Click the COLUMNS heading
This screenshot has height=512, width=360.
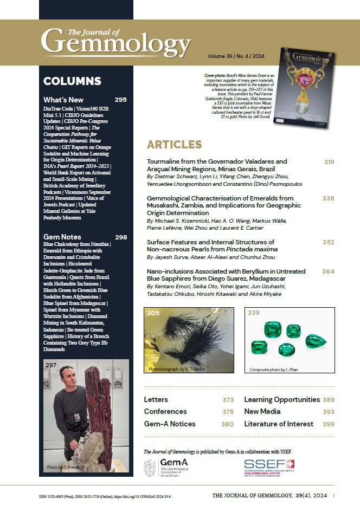(72, 81)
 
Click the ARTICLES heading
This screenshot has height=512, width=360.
(174, 144)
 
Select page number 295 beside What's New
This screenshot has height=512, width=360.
(120, 100)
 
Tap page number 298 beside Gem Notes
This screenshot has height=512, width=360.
(120, 237)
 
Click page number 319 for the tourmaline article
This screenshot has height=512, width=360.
(329, 162)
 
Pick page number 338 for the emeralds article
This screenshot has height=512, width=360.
(329, 199)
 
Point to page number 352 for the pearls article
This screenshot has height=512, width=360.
(329, 242)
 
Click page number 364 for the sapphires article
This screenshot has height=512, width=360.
(329, 271)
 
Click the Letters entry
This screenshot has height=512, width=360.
(156, 400)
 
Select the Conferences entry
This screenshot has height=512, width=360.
(165, 412)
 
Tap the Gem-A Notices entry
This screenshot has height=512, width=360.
(170, 424)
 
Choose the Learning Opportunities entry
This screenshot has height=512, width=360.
(281, 400)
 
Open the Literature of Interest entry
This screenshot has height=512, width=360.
(278, 424)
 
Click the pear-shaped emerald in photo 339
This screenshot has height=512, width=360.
(314, 341)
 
